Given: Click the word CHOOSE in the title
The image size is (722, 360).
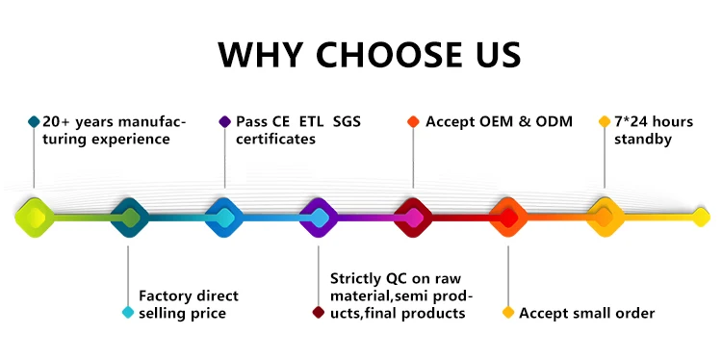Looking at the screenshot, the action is (x=389, y=55).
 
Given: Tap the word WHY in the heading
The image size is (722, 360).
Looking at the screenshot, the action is (x=260, y=55).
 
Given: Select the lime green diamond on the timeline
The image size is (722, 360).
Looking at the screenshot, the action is (x=35, y=218).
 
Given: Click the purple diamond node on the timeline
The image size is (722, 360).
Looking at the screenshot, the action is (x=319, y=218).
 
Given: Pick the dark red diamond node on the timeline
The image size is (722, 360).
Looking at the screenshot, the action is (x=413, y=218).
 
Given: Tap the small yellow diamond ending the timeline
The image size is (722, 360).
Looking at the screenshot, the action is (x=701, y=218).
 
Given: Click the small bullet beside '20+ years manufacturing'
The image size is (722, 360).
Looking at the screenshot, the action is (x=34, y=121).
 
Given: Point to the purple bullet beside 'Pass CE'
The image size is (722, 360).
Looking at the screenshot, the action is (x=224, y=121).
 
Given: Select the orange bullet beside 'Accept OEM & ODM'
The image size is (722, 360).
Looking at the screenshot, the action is (x=413, y=121).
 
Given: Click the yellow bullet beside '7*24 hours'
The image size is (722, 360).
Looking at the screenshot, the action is (x=605, y=121).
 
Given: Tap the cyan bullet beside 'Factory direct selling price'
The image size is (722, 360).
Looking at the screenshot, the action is (x=128, y=313).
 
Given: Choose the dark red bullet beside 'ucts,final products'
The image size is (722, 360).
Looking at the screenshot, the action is (x=319, y=313).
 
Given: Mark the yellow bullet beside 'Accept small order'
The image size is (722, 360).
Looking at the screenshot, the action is (x=508, y=313).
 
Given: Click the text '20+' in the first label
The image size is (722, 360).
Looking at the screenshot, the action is (x=57, y=122).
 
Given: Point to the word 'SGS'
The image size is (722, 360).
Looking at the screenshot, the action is (x=347, y=122).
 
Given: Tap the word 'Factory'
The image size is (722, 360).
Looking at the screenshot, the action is (x=166, y=296).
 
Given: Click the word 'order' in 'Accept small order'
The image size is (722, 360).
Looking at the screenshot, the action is (x=635, y=314).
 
